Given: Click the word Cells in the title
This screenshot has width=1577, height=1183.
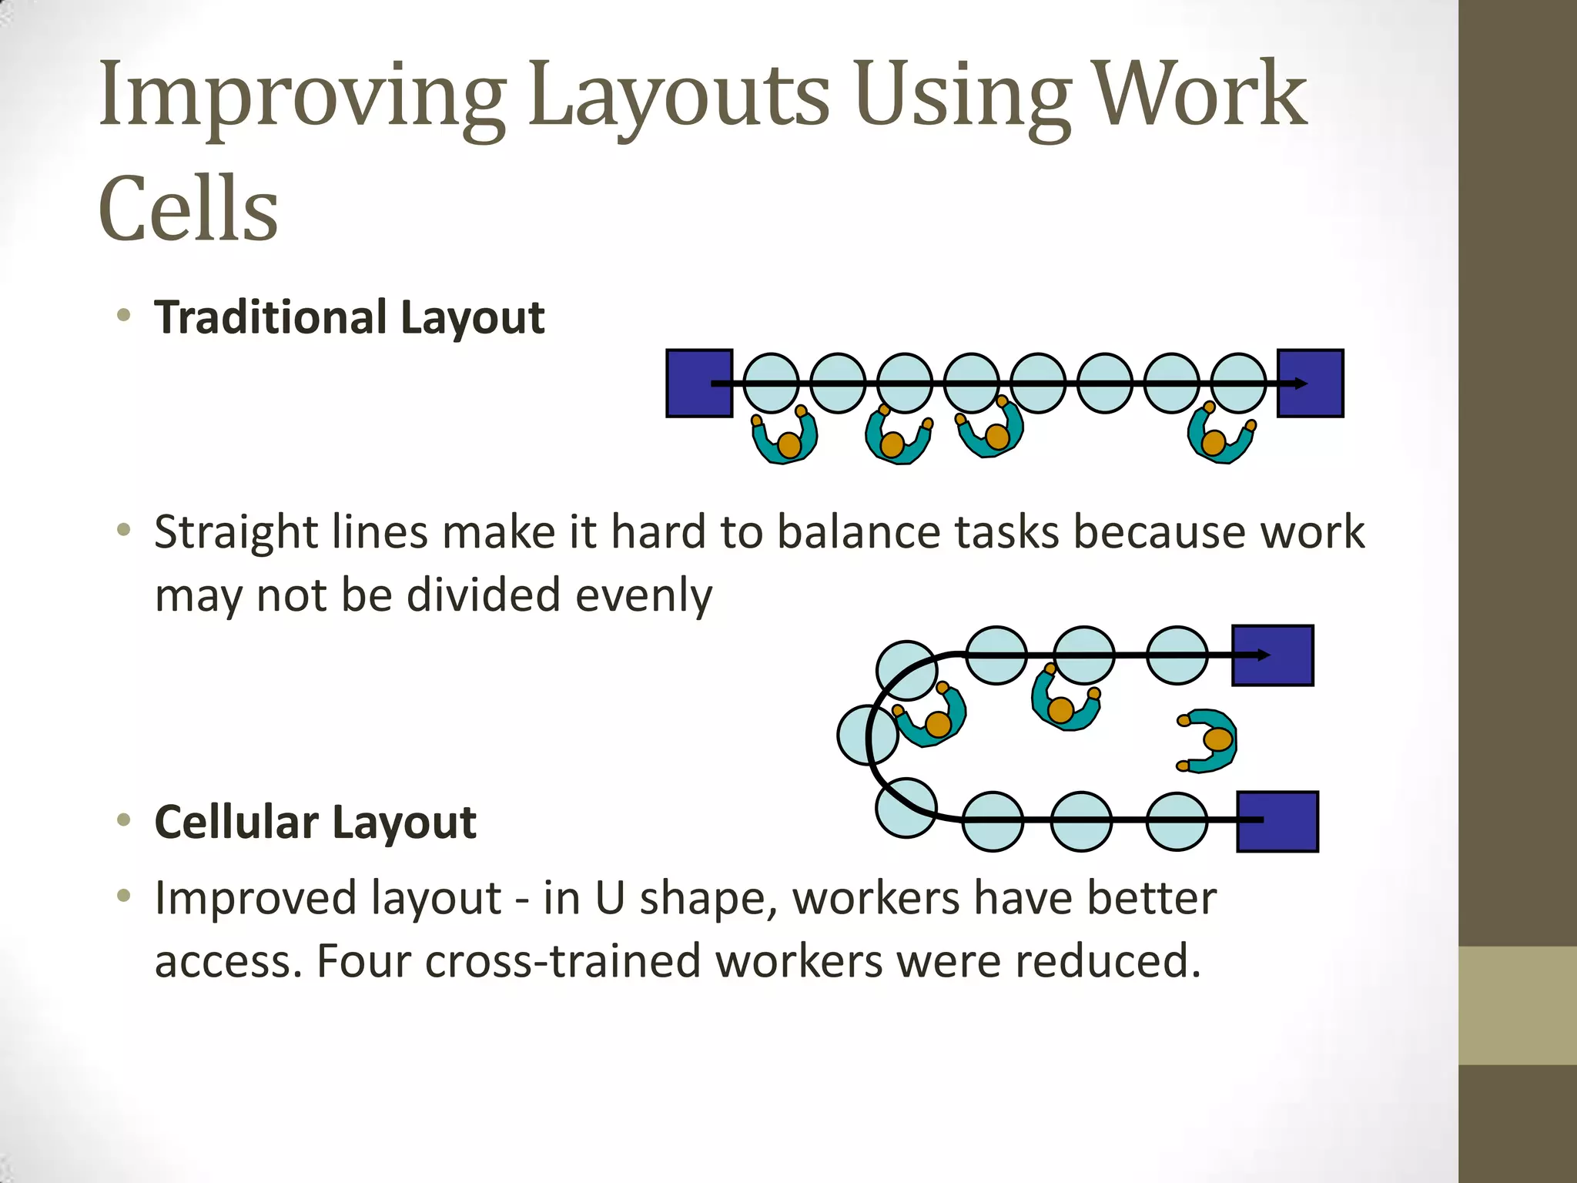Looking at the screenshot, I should [188, 208].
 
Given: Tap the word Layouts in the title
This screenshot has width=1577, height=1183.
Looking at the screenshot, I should [678, 96].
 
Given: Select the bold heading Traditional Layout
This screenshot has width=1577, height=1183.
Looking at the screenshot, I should [349, 317].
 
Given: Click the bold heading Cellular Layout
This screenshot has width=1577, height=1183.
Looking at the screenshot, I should [315, 822].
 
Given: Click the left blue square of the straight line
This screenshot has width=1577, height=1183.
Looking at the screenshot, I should [698, 384].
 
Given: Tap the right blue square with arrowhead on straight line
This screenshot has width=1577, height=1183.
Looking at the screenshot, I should [1311, 384].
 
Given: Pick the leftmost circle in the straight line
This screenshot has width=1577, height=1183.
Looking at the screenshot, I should [771, 384].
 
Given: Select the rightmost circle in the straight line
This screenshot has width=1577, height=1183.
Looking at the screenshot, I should [1238, 384].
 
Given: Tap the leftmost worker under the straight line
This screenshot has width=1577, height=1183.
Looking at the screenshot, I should [785, 438].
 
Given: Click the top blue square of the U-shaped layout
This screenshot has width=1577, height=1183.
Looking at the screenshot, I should [1272, 655].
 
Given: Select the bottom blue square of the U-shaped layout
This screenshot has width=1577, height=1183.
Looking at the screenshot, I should [1277, 822].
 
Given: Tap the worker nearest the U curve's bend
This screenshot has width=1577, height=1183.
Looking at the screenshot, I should [931, 717].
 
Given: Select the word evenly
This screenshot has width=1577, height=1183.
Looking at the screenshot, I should [644, 595].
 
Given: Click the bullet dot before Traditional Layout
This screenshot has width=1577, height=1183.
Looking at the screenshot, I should [123, 315].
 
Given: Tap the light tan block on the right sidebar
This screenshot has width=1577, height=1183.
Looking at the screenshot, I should [1518, 1005].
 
